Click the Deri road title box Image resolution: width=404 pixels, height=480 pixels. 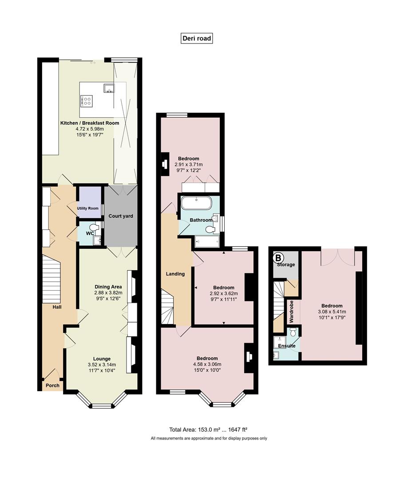point(197,38)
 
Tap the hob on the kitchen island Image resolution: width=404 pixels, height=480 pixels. point(87,101)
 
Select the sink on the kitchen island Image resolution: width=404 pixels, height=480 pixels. point(109,88)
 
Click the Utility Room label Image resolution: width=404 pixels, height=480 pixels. point(88,208)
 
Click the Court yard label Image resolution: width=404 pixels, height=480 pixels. point(121,216)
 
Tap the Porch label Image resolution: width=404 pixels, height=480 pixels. point(52,385)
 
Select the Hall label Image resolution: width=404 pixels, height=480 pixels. point(57,307)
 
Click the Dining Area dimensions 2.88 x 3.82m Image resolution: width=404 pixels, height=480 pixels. point(108,292)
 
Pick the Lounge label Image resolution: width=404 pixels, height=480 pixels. point(102,359)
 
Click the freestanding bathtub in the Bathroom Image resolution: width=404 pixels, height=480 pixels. point(196,203)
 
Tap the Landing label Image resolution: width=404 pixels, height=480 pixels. point(175,274)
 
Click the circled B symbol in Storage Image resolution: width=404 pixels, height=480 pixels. point(278,257)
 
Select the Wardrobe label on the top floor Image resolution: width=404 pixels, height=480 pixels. point(291,312)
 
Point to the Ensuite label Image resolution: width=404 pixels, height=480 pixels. point(286,346)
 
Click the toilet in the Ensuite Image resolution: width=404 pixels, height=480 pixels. point(293,332)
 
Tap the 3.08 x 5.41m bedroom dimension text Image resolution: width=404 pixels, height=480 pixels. point(332,312)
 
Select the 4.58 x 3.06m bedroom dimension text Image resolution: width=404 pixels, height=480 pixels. point(207,364)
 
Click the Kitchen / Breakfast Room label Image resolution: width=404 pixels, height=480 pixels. point(90,123)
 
